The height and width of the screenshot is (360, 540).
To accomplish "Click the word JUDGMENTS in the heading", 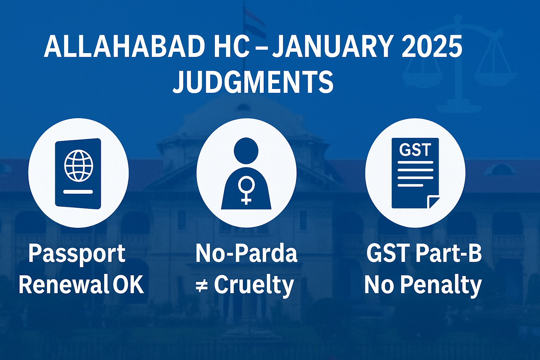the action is tap(253, 82).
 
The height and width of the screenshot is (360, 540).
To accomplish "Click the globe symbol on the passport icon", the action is tap(79, 166).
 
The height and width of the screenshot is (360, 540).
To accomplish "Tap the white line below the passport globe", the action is tap(78, 192).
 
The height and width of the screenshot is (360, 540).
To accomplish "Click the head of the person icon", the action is tap(246, 151).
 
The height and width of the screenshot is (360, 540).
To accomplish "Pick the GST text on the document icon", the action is tap(415, 150).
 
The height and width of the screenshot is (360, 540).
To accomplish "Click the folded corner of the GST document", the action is tap(433, 202).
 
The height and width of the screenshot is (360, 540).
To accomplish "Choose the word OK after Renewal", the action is tap(128, 285).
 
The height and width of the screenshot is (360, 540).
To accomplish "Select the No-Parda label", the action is tap(246, 253).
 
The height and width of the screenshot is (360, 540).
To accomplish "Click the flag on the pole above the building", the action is tap(253, 22).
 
